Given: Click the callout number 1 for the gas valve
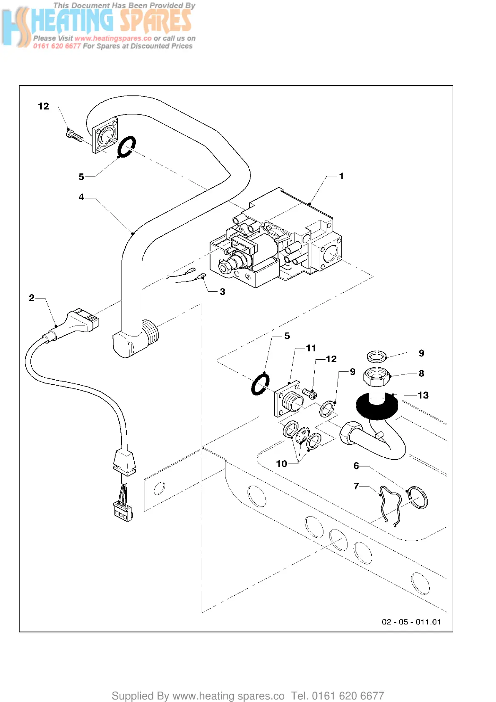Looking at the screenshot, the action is pos(341,176).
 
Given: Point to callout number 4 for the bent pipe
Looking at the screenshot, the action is pos(81,197).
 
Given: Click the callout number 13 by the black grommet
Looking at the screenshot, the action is pos(423,395).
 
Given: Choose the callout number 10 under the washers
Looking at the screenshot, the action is pos(281,464).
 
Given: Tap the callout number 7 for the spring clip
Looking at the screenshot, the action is pos(356,486).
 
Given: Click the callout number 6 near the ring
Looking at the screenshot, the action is pos(356,466).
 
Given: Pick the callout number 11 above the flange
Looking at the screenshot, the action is pos(311,348).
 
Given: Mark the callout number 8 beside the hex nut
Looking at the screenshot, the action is pos(421,373).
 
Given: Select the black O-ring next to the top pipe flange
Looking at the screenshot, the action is pos(127,147).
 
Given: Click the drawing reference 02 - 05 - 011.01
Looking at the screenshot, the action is pos(411,622).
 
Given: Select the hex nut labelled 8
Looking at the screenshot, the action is pos(377,376).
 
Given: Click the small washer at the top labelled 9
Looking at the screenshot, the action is pos(377,356).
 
